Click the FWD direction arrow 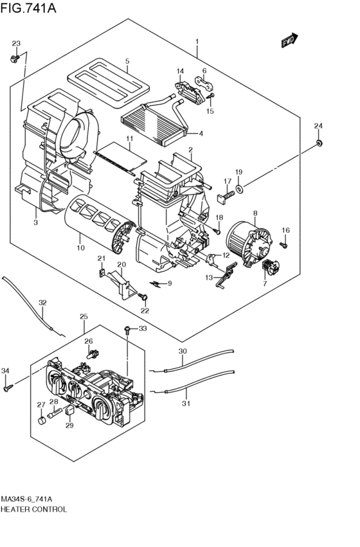(289, 40)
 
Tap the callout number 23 (16, 43)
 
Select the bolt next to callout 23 (15, 59)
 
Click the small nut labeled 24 (318, 143)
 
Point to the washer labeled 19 (240, 189)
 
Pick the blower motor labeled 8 (249, 242)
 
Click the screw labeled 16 (284, 246)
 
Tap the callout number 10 (80, 248)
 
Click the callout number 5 (127, 62)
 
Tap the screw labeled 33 (128, 330)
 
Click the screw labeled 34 (8, 388)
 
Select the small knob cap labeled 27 (42, 420)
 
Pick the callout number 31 (186, 403)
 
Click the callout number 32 (42, 303)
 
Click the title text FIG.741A (28, 8)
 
